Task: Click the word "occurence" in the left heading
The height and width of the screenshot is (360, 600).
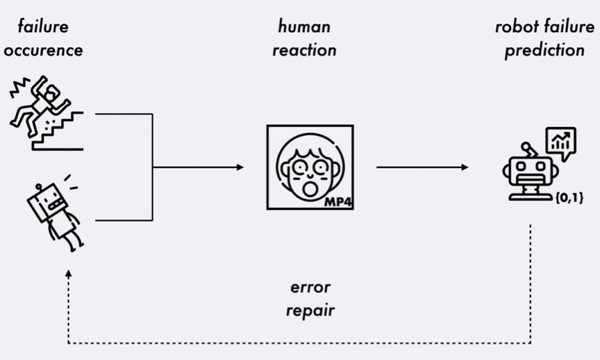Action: (43, 51)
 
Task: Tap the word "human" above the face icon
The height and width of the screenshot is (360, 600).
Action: (304, 27)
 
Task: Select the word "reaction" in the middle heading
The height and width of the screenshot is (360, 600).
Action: (304, 51)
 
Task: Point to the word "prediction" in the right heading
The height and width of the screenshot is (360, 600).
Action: (544, 51)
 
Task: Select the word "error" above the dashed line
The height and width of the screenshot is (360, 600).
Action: (310, 288)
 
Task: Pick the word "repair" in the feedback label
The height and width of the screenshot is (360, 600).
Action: (310, 310)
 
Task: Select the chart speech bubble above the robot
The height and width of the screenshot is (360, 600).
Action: (560, 143)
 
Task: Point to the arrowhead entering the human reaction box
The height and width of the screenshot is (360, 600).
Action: (240, 167)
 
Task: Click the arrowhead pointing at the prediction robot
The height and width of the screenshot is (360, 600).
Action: (465, 167)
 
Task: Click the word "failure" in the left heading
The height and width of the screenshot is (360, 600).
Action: (44, 27)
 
